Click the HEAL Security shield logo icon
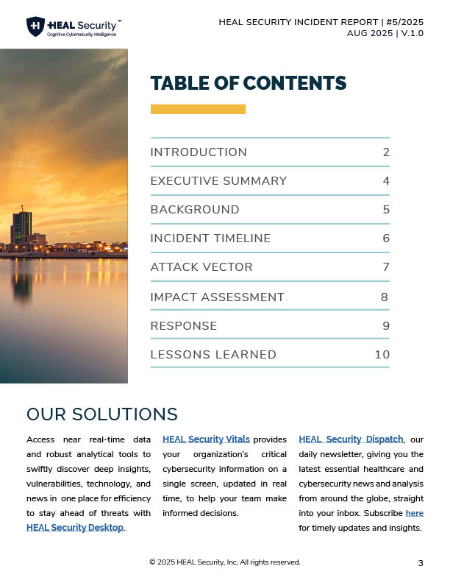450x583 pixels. (x=35, y=27)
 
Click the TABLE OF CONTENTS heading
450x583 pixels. (x=248, y=83)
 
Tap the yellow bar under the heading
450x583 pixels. (x=198, y=109)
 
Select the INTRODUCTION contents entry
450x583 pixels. (x=199, y=152)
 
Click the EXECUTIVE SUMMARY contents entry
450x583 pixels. (x=218, y=181)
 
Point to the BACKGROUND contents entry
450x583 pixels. (x=195, y=210)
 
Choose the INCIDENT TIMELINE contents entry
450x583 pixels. (x=210, y=239)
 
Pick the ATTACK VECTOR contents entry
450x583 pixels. (x=201, y=267)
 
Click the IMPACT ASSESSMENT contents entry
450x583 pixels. (x=217, y=297)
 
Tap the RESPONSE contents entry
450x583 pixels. (x=184, y=325)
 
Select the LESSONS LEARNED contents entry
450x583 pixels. (x=213, y=355)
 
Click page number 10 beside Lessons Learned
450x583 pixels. (x=382, y=355)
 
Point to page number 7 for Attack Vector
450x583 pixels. (x=386, y=267)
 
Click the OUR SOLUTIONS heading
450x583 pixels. (x=102, y=414)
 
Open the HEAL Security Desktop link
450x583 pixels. (x=75, y=527)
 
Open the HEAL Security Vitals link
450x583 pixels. (x=206, y=439)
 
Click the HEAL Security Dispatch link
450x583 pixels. (x=351, y=439)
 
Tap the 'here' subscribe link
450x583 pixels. (x=414, y=513)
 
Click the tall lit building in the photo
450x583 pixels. (x=22, y=227)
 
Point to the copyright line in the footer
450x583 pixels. (x=224, y=562)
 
